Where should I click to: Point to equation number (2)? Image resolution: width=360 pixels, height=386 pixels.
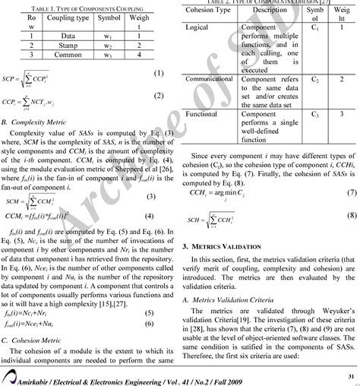pos(158,96)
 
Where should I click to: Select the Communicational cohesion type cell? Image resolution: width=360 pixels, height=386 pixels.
pos(212,78)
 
